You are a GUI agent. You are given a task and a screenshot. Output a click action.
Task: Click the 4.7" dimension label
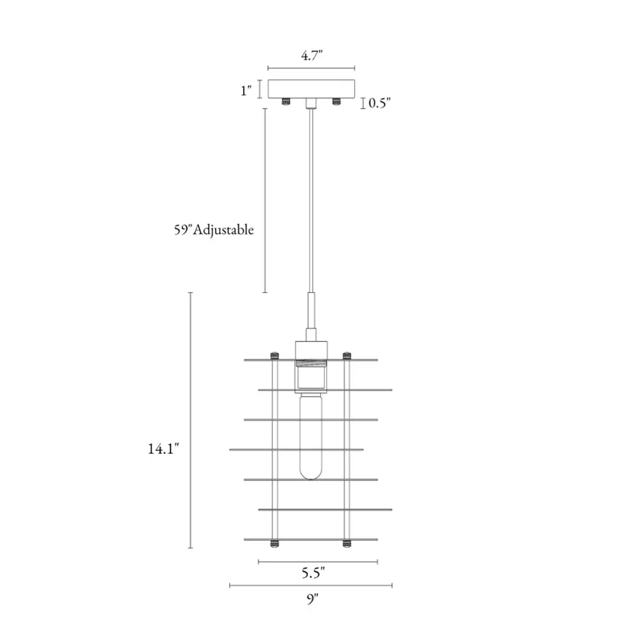(x=312, y=55)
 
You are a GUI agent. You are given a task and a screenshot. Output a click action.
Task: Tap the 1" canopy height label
(x=246, y=91)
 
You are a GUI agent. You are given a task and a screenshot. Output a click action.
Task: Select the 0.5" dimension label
(x=380, y=103)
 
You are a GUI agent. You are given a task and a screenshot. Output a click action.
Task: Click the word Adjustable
(x=223, y=230)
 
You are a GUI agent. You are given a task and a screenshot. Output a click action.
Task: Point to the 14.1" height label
(x=163, y=449)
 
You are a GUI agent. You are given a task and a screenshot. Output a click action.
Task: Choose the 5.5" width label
(x=313, y=572)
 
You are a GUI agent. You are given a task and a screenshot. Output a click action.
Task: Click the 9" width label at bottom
(x=312, y=599)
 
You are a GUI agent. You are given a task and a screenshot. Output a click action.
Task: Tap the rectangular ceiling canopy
(x=311, y=89)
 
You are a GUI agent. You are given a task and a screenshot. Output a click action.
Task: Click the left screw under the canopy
(x=286, y=102)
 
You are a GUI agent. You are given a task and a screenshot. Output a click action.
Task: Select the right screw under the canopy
(x=336, y=102)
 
